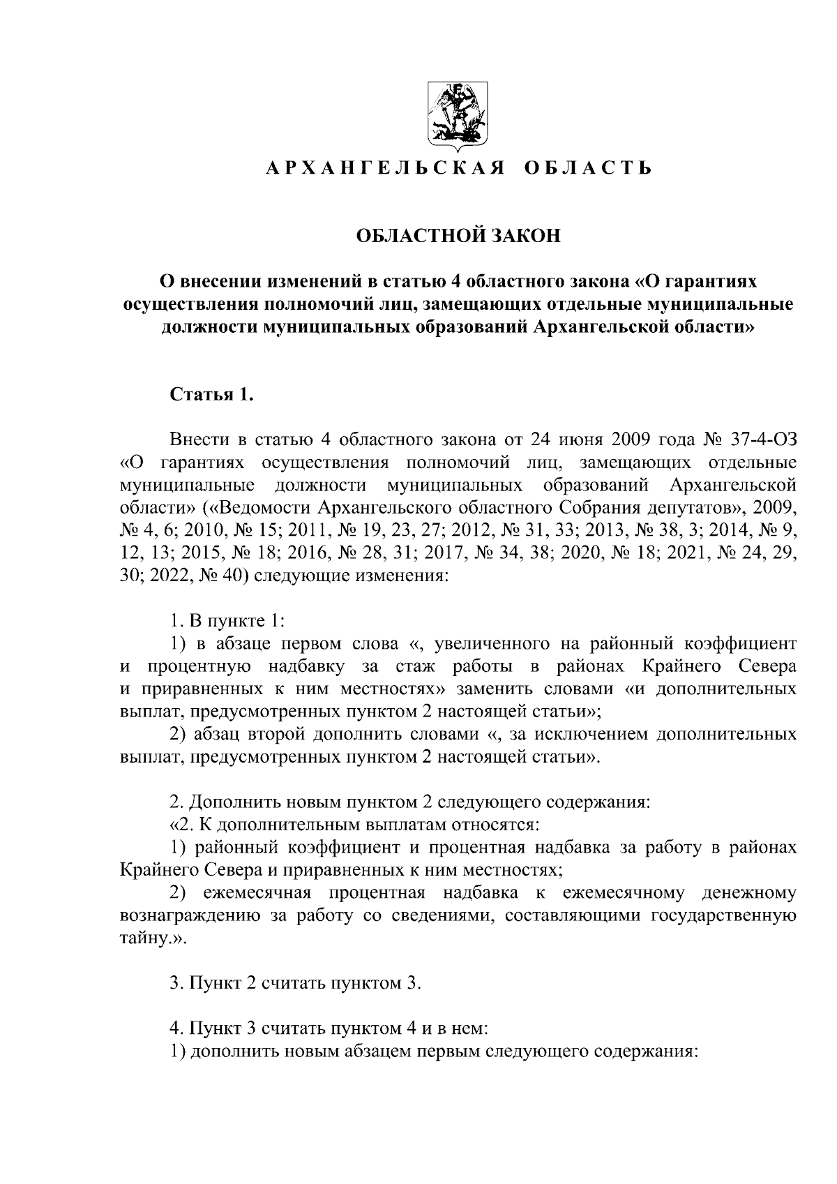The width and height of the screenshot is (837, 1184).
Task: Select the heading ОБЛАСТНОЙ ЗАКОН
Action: click(x=458, y=236)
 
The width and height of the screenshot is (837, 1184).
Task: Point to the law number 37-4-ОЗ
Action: click(x=762, y=440)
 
